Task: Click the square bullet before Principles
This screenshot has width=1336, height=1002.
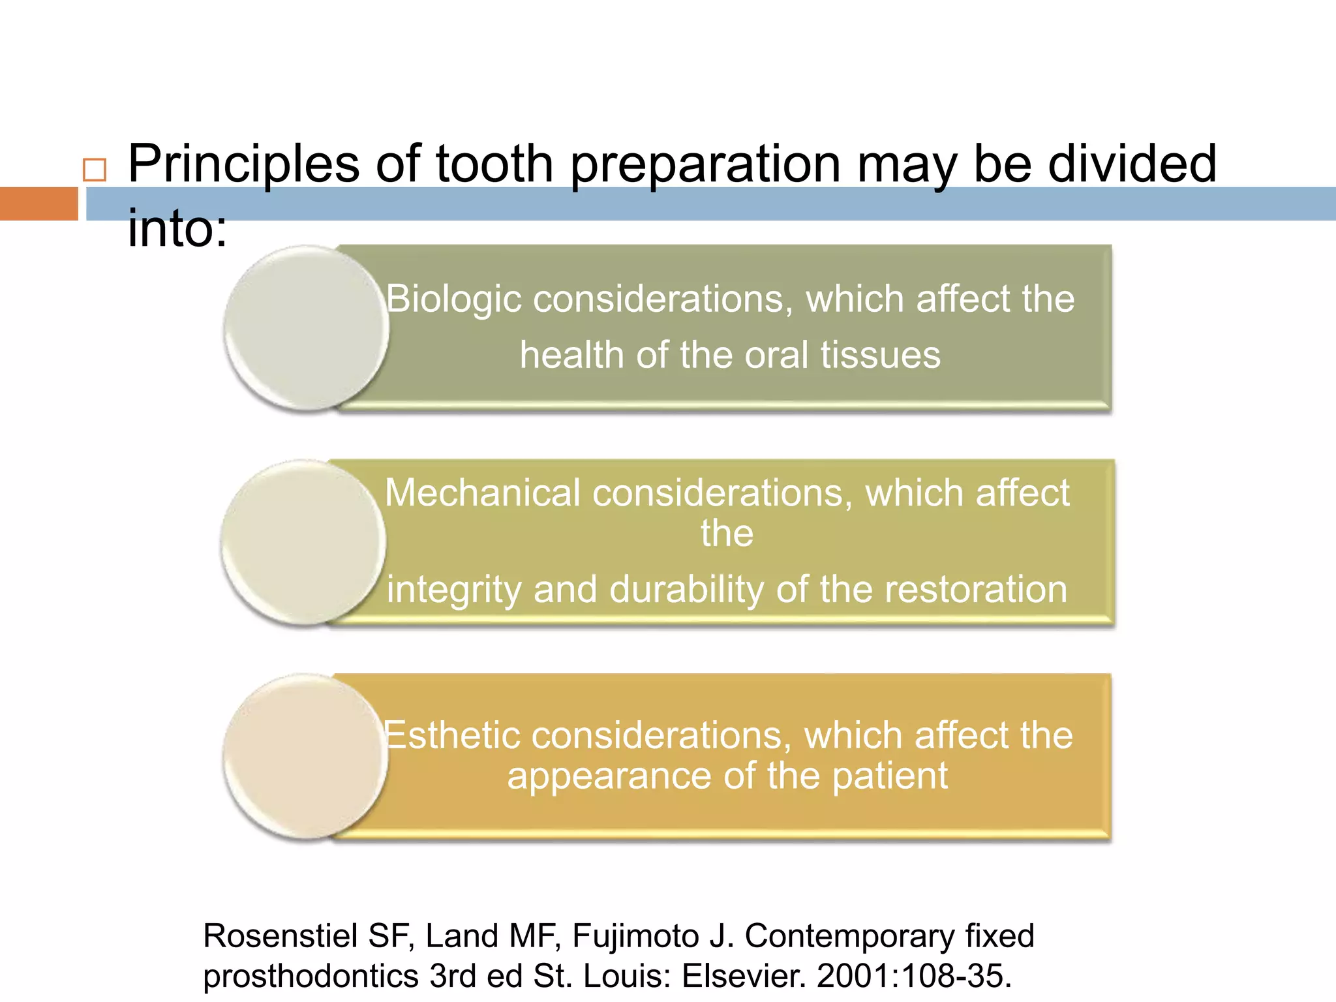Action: pyautogui.click(x=95, y=170)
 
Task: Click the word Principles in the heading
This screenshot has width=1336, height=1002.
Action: pyautogui.click(x=243, y=164)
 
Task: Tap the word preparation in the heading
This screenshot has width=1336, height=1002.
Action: pyautogui.click(x=705, y=164)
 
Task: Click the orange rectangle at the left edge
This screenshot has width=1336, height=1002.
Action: pyautogui.click(x=38, y=204)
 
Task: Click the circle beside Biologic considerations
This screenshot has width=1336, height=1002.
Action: pyautogui.click(x=306, y=327)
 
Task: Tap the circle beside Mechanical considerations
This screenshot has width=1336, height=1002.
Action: pyautogui.click(x=303, y=542)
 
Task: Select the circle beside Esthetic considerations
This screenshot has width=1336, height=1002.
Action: pyautogui.click(x=305, y=756)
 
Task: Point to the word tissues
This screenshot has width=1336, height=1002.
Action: pyautogui.click(x=880, y=356)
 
